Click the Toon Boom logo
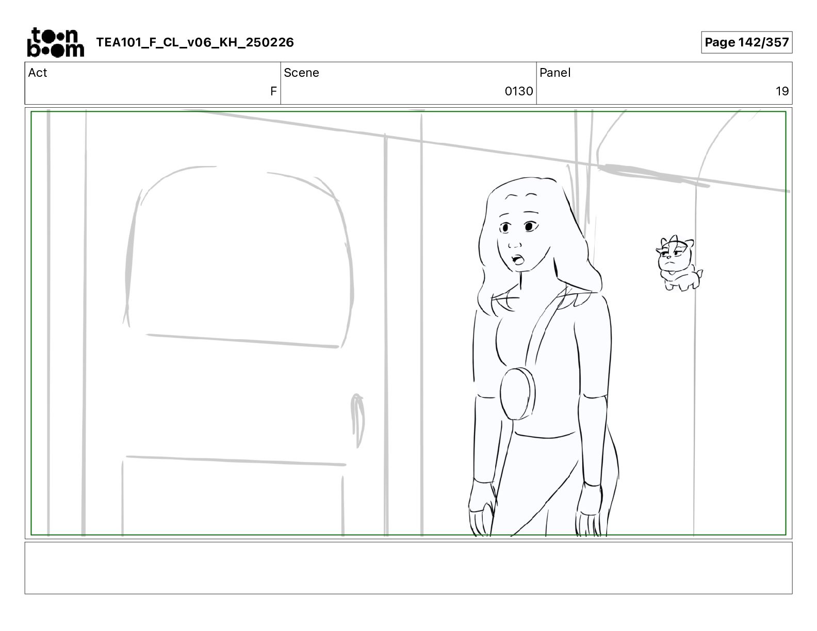pos(56,42)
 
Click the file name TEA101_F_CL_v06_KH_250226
pos(195,42)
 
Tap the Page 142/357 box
pos(746,42)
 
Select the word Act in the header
pos(38,73)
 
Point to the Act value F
pos(273,91)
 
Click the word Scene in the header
pos(301,73)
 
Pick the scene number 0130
pos(518,91)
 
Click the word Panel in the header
pos(554,73)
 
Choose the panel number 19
pos(782,91)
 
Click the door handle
pos(357,420)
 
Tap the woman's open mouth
pos(517,259)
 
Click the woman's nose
pos(514,245)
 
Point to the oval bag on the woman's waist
pos(517,393)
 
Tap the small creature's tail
pos(699,273)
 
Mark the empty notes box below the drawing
pos(408,568)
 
